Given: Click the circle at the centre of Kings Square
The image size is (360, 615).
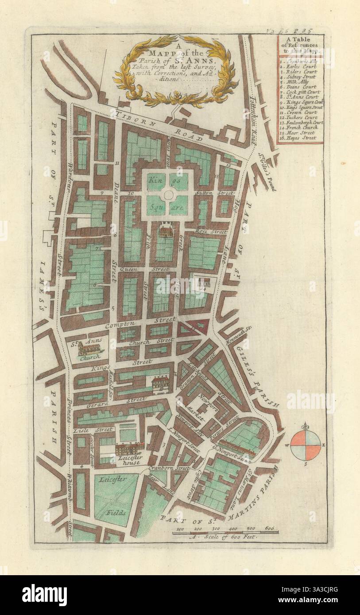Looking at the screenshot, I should click(x=168, y=194).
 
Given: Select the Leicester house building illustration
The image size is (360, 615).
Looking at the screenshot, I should click(x=130, y=449).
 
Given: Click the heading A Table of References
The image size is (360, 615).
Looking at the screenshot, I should click(x=301, y=46).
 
